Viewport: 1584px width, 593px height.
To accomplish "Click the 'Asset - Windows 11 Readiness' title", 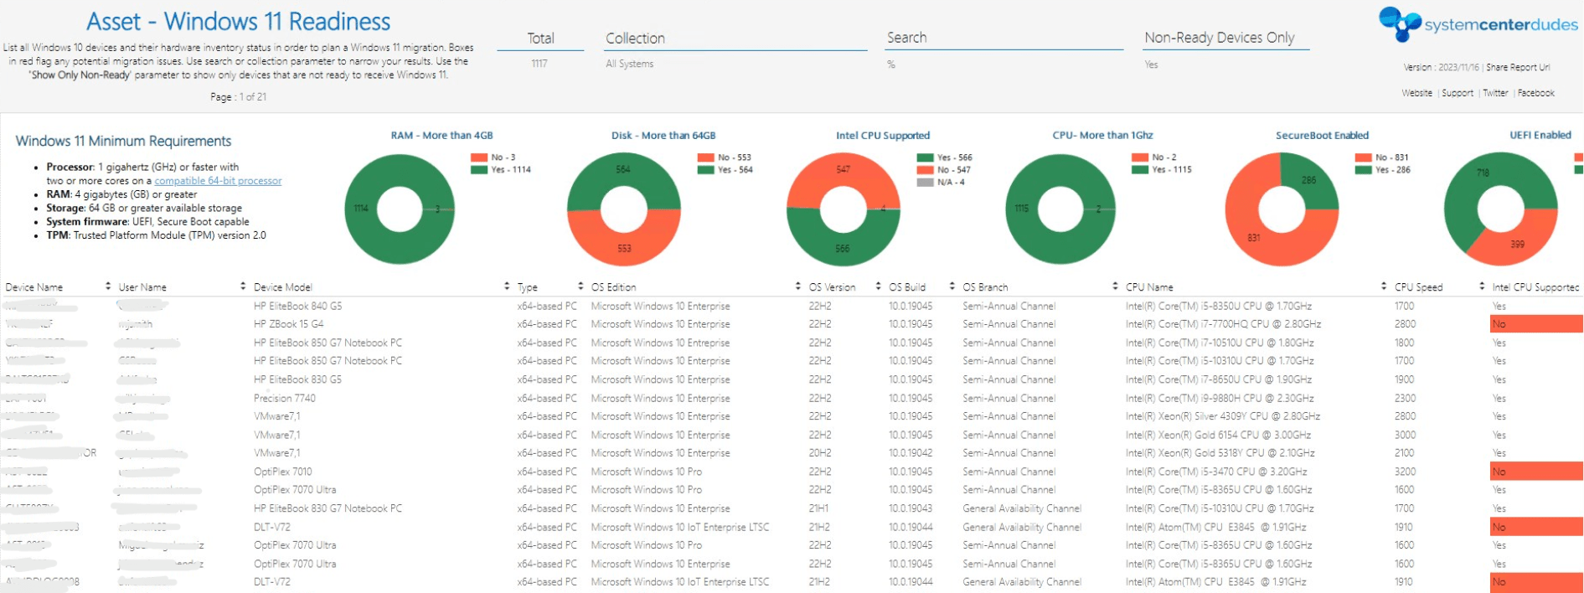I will tap(238, 22).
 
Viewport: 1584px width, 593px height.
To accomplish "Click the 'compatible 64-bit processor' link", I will tap(218, 181).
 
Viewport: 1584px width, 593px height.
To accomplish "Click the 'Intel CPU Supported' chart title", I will tap(882, 136).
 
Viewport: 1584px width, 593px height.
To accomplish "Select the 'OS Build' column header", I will tap(906, 287).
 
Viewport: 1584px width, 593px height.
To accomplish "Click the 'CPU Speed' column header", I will tap(1418, 287).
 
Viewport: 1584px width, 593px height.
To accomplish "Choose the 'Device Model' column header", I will tap(282, 287).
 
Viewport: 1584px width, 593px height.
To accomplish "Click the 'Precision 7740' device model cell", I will tap(285, 399).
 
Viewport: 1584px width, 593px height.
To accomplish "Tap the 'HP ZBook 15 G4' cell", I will tap(288, 324).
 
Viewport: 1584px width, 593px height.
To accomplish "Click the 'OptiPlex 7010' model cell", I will tap(282, 472).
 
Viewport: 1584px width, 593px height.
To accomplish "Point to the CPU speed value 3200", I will tap(1405, 472).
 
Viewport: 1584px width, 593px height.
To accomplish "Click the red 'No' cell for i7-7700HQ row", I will tap(1535, 324).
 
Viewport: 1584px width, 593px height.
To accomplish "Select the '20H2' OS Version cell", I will tap(819, 453).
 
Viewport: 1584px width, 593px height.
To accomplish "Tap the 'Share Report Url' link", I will tap(1518, 67).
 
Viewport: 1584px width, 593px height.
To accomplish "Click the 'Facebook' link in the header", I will tap(1535, 93).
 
